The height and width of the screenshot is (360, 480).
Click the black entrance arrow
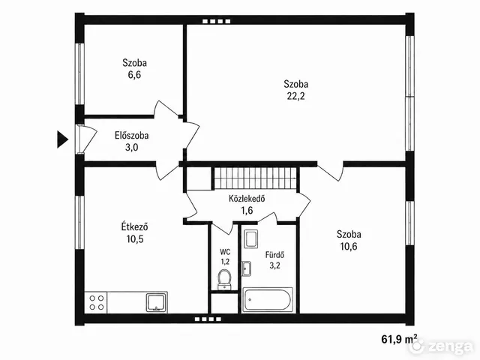(x=61, y=139)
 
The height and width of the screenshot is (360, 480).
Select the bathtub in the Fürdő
(x=268, y=300)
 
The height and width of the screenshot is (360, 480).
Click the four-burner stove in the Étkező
(x=97, y=302)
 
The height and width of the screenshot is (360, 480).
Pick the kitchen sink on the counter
(x=157, y=302)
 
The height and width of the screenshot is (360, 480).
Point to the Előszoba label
(x=132, y=135)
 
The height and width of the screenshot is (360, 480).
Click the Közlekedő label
(x=247, y=199)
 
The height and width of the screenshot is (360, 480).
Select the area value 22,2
(x=295, y=96)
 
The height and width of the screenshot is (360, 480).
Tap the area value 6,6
(x=134, y=75)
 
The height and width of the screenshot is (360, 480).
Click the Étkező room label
(x=135, y=226)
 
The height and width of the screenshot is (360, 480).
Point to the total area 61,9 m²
(x=399, y=339)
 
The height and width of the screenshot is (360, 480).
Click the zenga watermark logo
(x=441, y=346)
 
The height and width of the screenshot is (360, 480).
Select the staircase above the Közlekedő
(x=255, y=178)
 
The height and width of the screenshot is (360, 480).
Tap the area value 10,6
(x=349, y=246)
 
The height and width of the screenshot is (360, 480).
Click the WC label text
(x=225, y=252)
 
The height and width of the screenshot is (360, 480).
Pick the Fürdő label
(x=275, y=255)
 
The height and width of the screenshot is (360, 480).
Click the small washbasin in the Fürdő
(x=247, y=268)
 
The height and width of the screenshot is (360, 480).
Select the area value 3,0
(x=132, y=148)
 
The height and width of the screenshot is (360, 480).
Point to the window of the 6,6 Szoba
(x=79, y=73)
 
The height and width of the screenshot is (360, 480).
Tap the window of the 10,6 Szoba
(x=410, y=223)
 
